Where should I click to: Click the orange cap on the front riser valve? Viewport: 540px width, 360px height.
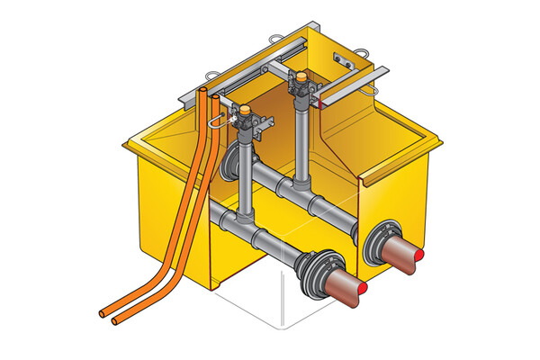coord(244,112)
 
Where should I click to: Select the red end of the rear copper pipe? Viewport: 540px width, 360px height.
coord(422,258)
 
